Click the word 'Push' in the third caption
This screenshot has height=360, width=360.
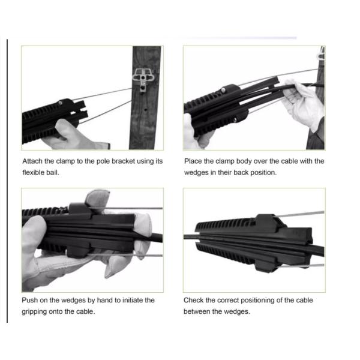tap(29, 300)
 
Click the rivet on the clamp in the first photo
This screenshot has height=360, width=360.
tap(61, 103)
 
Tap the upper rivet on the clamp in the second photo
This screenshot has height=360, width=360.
tap(223, 90)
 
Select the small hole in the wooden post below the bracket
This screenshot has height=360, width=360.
tap(145, 109)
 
